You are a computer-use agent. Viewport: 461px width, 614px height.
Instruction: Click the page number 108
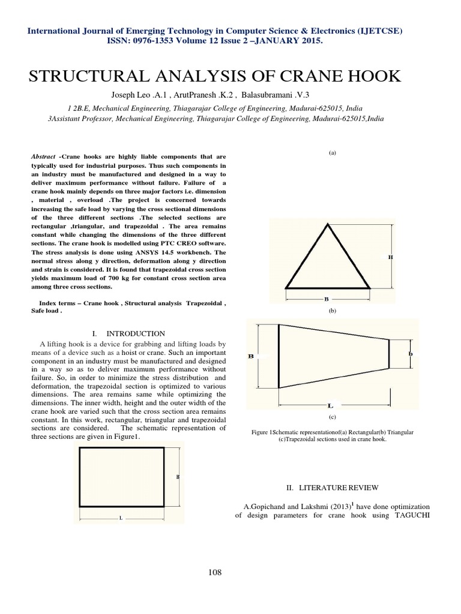click(214, 572)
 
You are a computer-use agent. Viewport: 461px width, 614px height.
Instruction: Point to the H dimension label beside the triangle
click(390, 257)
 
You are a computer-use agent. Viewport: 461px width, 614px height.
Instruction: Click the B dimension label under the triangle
click(326, 298)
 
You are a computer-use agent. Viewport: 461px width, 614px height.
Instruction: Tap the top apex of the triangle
click(327, 225)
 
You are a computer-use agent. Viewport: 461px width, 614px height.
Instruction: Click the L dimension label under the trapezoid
click(330, 405)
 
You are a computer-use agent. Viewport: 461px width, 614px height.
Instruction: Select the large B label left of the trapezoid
click(251, 356)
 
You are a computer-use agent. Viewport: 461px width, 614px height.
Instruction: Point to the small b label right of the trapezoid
click(411, 354)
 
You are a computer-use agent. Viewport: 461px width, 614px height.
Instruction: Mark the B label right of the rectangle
click(178, 477)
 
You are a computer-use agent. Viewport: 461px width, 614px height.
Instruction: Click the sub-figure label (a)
click(332, 153)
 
